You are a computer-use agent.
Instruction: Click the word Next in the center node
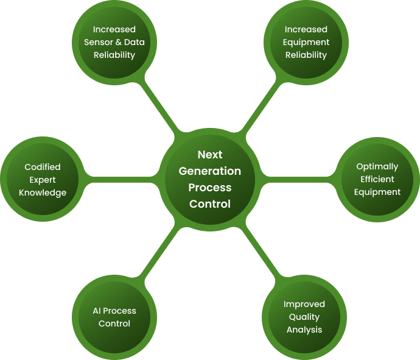pos(210,155)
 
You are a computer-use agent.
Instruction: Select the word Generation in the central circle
pos(210,171)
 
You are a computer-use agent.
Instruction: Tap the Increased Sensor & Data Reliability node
pos(114,43)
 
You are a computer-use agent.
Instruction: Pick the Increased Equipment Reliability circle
pos(306,43)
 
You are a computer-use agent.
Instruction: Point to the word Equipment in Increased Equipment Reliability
pos(306,42)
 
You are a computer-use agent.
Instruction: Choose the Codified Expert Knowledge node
pos(43,180)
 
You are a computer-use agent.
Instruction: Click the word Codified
pos(43,167)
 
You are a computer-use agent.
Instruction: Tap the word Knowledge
pos(43,192)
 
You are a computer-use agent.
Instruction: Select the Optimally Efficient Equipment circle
pos(377,179)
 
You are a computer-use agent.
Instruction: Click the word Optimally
pos(377,166)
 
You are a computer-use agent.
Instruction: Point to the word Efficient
pos(377,179)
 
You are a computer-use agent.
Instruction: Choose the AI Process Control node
pos(114,317)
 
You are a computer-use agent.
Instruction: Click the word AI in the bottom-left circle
pos(96,311)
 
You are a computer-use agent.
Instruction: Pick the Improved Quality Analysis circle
pos(304,317)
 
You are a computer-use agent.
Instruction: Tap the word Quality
pos(304,317)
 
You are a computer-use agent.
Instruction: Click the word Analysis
pos(304,330)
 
